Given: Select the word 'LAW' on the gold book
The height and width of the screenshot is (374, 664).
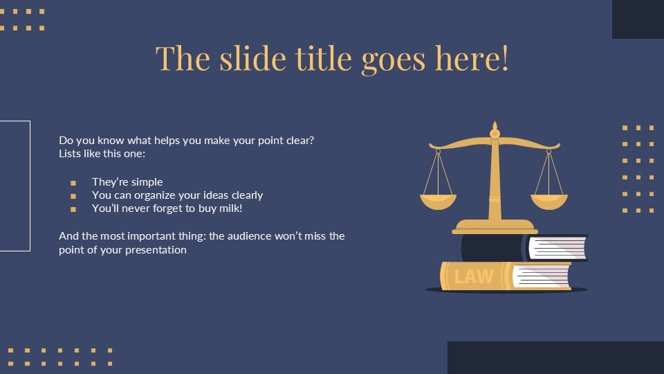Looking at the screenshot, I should click(474, 276).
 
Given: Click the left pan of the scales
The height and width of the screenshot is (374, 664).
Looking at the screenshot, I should click(438, 201).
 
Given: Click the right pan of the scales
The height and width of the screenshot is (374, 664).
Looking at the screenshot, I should click(549, 201).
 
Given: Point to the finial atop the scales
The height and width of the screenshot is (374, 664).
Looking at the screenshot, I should click(495, 129).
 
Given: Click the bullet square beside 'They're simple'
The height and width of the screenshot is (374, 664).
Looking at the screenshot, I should click(73, 183).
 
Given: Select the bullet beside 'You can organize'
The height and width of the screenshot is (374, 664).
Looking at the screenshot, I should click(73, 196).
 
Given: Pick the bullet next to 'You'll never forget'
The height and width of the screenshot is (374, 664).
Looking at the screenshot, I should click(73, 208).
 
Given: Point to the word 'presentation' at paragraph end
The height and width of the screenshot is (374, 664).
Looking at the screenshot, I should click(156, 250).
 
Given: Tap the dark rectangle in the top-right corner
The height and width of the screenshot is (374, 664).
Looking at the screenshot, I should click(638, 19).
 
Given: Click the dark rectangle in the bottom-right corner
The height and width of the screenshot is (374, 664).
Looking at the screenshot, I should click(555, 357).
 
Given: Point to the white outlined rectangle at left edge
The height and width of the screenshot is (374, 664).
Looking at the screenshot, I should click(15, 186).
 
